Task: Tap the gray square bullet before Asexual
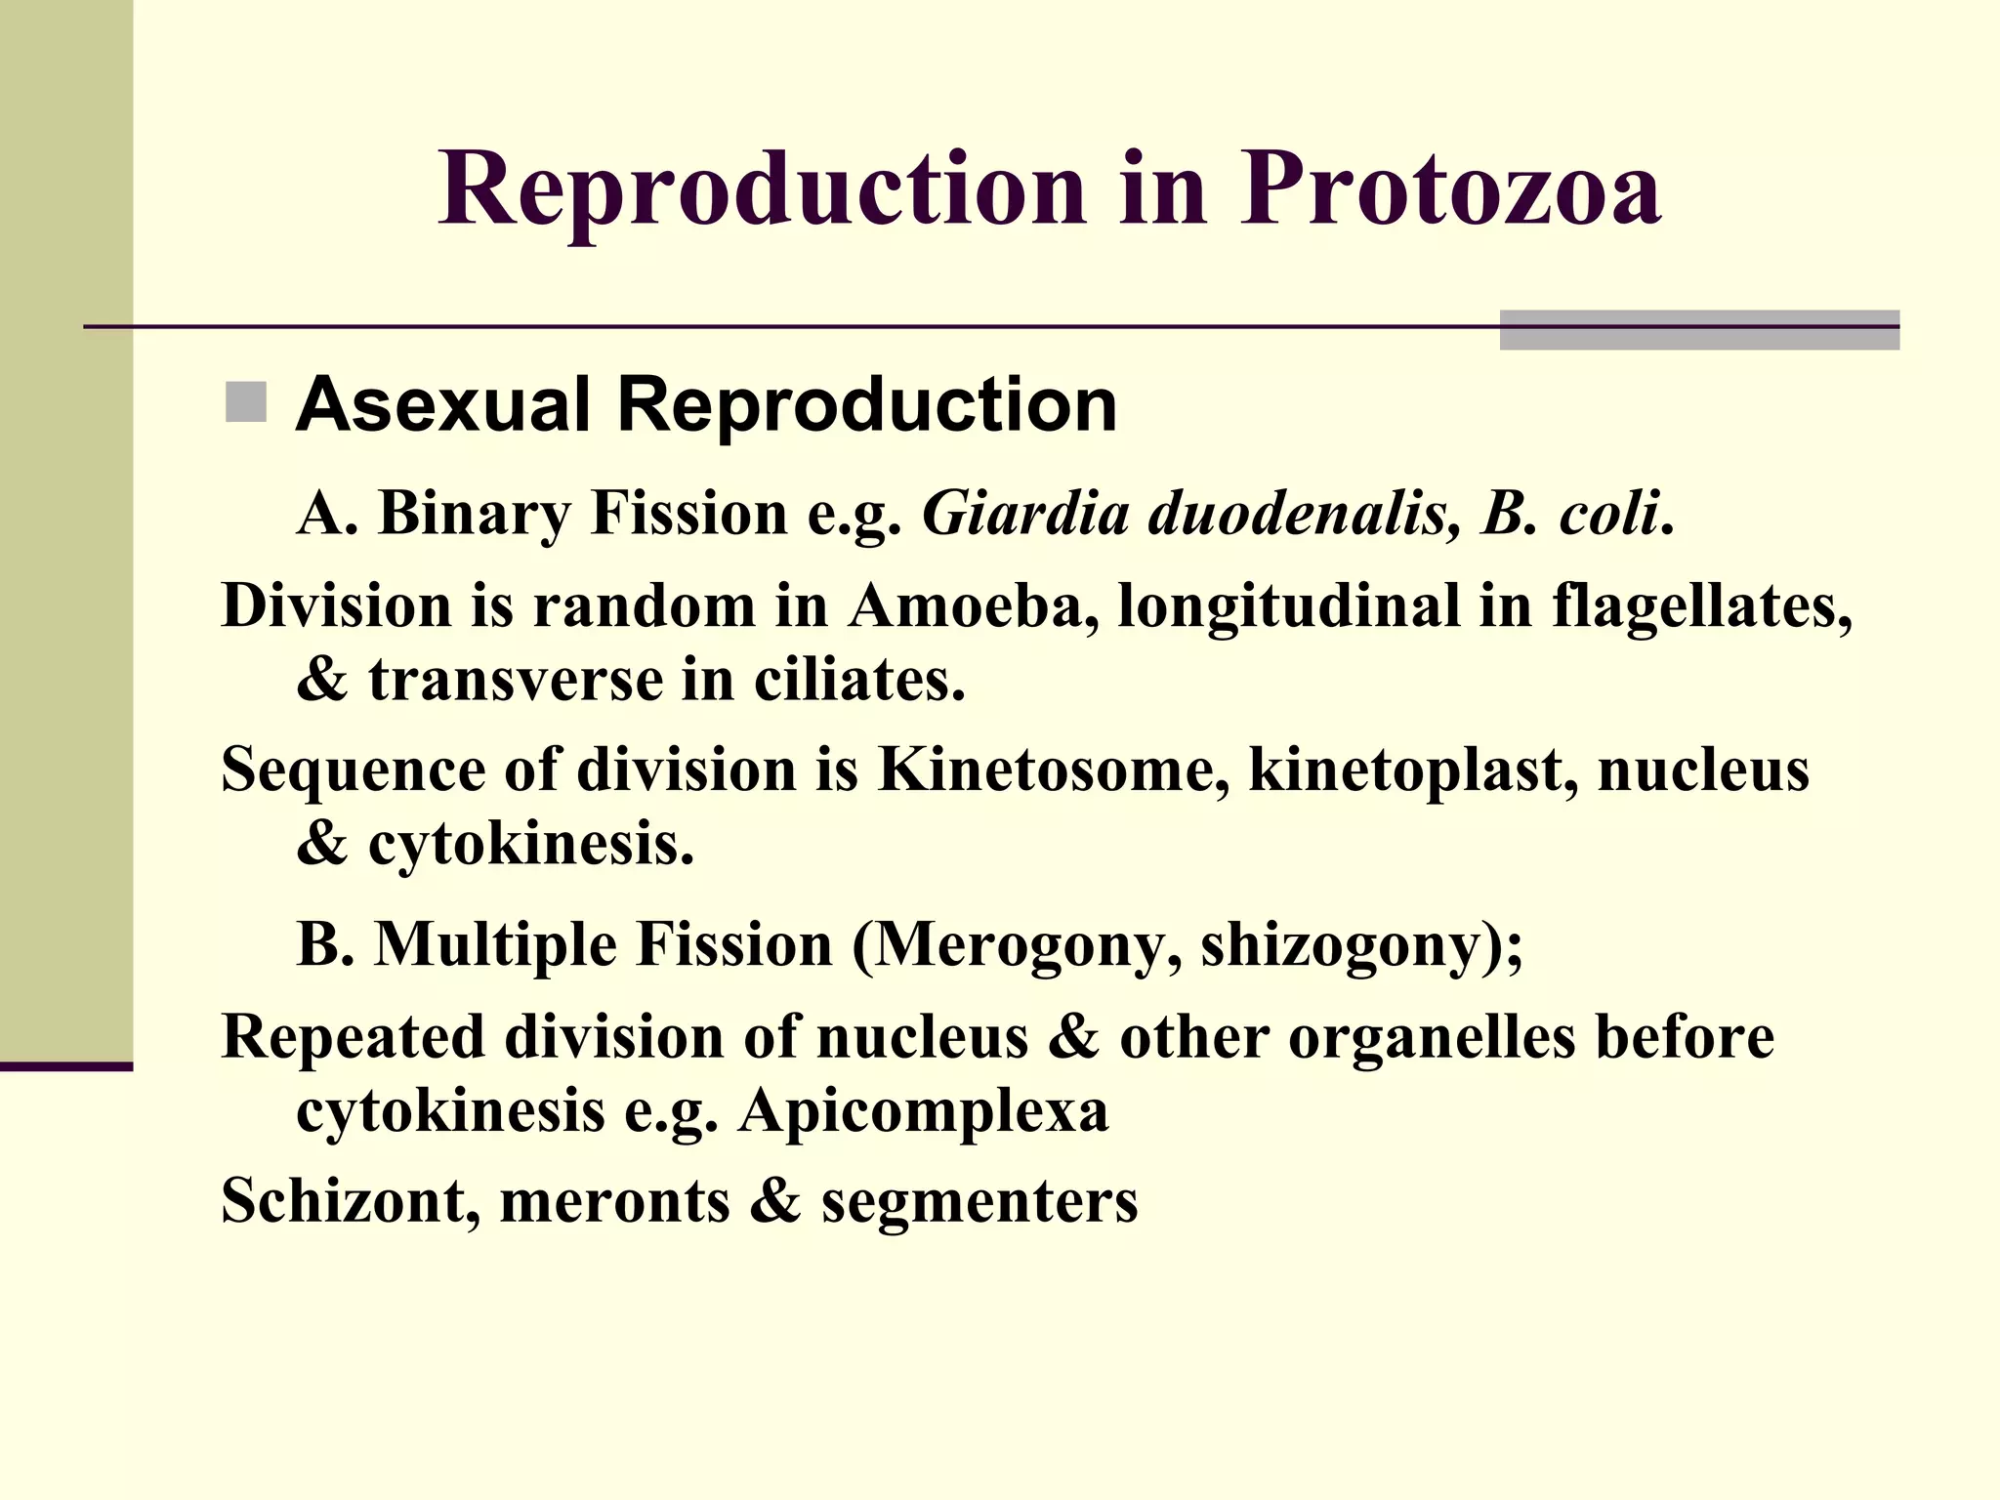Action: (x=245, y=402)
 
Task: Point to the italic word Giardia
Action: (x=1025, y=514)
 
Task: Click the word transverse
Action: (x=516, y=680)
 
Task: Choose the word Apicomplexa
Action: (x=924, y=1111)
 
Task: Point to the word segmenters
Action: (x=979, y=1201)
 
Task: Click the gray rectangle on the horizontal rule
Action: (x=1699, y=330)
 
